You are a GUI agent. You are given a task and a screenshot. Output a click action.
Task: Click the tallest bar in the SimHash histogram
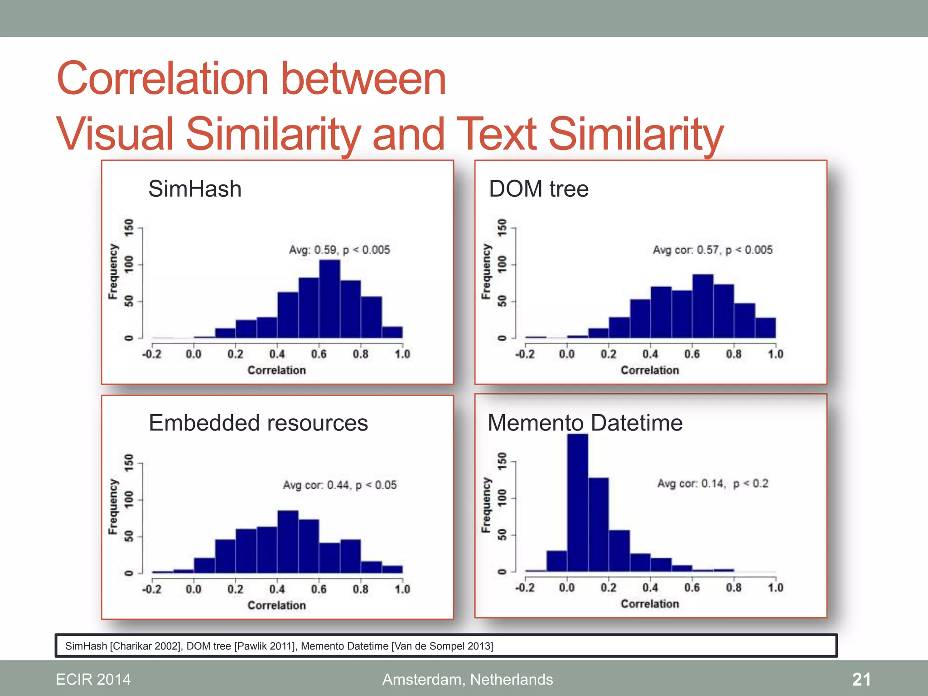329,299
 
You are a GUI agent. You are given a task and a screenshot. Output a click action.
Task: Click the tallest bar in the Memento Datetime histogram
578,503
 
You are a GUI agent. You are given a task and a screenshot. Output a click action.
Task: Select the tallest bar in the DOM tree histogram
703,306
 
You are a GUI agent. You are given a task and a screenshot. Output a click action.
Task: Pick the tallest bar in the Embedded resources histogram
288,542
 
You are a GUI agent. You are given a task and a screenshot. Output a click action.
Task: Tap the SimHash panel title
195,188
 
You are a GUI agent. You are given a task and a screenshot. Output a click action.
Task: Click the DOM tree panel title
539,188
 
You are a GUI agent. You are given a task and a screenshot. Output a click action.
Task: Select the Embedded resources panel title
258,423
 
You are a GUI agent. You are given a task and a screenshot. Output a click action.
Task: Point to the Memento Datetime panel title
585,423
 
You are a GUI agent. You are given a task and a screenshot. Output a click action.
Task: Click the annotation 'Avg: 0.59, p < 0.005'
339,250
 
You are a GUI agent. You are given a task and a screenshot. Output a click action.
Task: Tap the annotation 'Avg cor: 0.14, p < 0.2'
713,483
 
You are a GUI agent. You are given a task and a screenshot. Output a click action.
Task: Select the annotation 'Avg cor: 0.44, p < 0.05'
339,485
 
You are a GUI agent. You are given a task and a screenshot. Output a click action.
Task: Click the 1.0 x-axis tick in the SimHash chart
402,354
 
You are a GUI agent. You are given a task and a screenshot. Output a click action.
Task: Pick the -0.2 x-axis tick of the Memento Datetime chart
525,588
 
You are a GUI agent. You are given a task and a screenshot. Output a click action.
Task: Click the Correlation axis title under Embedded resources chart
276,605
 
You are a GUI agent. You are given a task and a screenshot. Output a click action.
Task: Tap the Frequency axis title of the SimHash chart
113,272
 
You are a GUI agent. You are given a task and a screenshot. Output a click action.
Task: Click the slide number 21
861,679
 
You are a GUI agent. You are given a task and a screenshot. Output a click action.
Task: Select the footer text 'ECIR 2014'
93,679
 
